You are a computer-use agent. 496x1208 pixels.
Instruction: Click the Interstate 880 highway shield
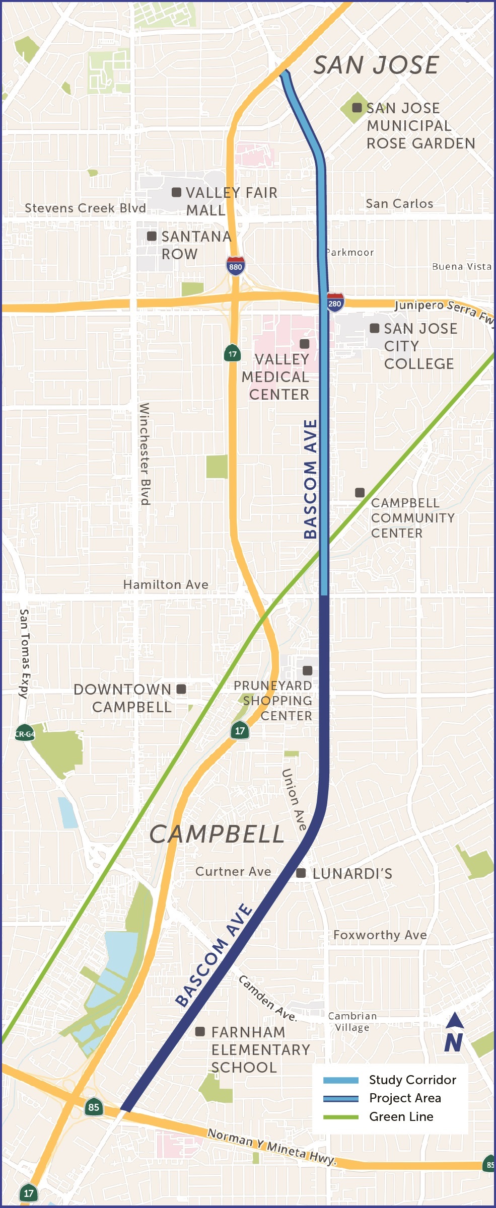(235, 265)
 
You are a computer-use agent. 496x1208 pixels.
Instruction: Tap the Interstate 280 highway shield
(335, 303)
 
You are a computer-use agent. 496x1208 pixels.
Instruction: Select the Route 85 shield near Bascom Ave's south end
(94, 1107)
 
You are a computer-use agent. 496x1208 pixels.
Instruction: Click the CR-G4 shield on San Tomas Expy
(25, 733)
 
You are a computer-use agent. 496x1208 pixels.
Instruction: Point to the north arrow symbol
(454, 1032)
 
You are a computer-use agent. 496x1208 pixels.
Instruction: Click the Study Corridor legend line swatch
(341, 1080)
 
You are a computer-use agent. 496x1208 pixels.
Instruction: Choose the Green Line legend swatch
(341, 1117)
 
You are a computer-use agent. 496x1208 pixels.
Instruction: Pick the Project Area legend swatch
(341, 1098)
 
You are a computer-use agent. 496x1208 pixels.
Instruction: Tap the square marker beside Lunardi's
(301, 873)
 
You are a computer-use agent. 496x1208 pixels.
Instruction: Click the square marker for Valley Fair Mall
(177, 192)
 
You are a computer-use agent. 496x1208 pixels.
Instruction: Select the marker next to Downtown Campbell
(181, 689)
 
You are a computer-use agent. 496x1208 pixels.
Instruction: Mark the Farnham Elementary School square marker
(200, 1032)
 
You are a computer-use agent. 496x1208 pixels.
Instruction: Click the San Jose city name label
(376, 65)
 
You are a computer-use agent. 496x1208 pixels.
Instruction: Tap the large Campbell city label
(217, 835)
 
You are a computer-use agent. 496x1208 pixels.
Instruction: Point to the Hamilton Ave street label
(166, 584)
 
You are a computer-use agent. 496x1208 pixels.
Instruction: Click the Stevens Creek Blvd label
(85, 208)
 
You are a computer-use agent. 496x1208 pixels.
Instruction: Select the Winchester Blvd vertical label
(145, 453)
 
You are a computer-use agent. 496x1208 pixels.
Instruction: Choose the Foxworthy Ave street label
(380, 935)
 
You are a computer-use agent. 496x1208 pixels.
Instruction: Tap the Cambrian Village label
(352, 1022)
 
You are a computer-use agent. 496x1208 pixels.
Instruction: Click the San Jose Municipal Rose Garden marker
(357, 108)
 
